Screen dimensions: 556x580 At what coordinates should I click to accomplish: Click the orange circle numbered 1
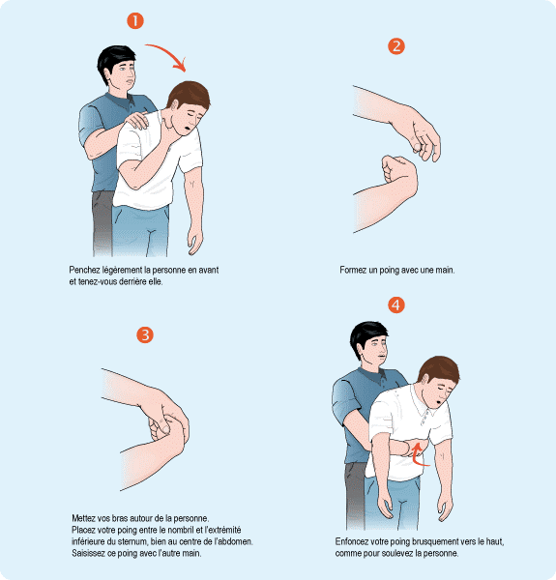click(x=135, y=20)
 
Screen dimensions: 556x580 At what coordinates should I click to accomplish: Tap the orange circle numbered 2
click(x=396, y=46)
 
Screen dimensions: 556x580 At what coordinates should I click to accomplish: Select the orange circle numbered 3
click(x=145, y=334)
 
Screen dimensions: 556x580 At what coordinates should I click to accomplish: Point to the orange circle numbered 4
click(x=396, y=305)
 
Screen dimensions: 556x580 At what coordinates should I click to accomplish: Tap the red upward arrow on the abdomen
click(x=418, y=454)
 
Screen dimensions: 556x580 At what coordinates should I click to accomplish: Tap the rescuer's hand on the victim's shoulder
click(x=137, y=120)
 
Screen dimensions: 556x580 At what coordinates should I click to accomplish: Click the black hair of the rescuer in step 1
click(x=115, y=59)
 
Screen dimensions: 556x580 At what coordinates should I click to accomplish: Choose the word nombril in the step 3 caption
click(x=180, y=530)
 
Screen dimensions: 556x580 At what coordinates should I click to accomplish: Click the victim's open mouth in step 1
click(x=188, y=130)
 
